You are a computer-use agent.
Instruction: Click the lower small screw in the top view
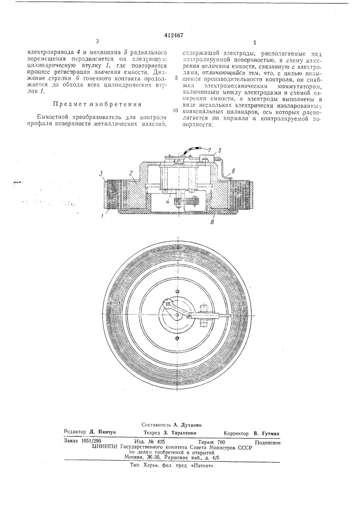click(177, 338)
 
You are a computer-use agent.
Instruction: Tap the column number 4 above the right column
click(254, 43)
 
